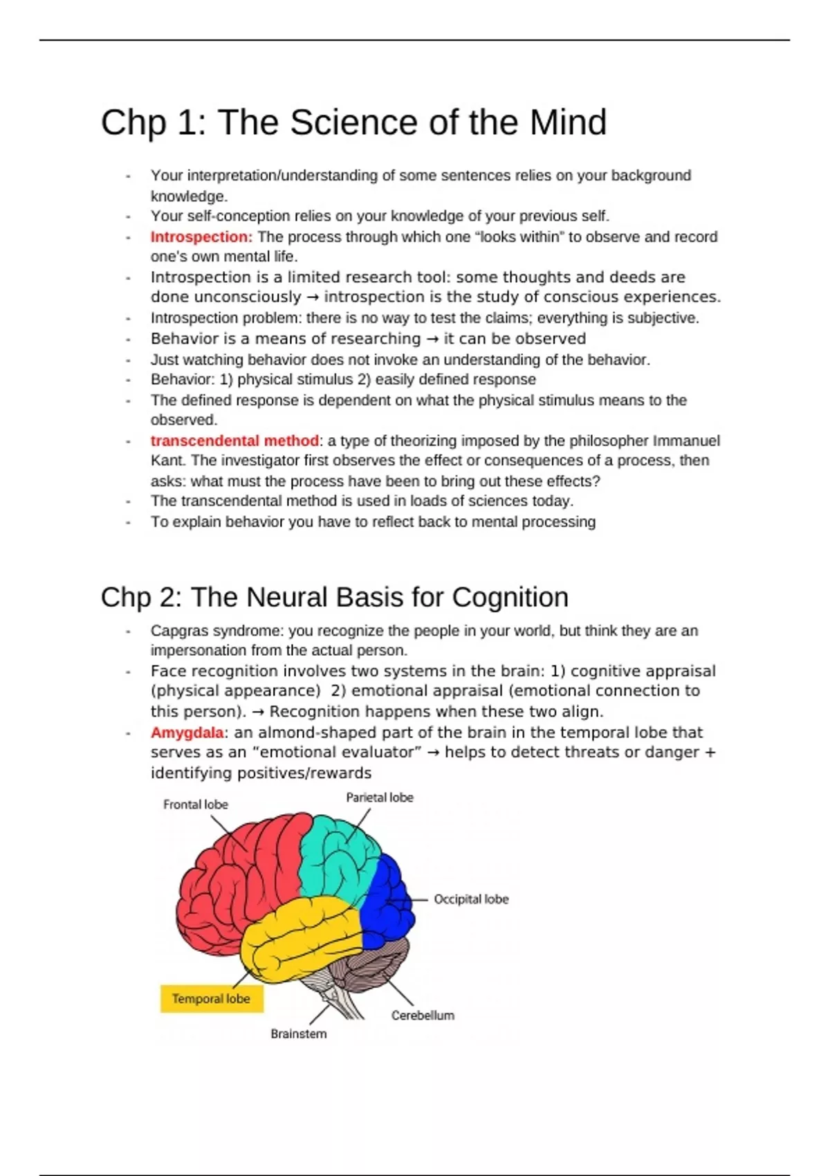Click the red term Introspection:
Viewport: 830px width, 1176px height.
pos(201,237)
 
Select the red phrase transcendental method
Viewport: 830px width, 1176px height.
pos(234,441)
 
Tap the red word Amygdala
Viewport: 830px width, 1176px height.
pos(187,733)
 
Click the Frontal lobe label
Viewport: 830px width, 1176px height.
pos(195,805)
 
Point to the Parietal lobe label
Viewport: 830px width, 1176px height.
pos(379,798)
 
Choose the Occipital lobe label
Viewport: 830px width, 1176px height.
pos(470,899)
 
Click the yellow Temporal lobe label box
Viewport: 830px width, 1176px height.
pos(211,999)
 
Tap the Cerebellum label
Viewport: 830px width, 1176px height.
pos(423,1016)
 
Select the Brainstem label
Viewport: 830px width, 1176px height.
pos(298,1034)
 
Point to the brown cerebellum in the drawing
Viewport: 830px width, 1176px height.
pos(373,965)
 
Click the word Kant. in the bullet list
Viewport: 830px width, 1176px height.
pos(168,461)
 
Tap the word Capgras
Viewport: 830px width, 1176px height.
pos(179,631)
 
